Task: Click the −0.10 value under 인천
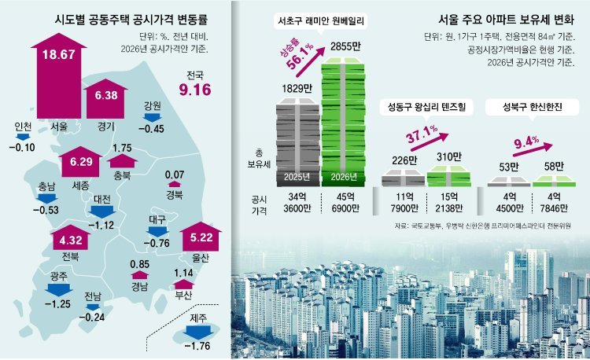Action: (21, 147)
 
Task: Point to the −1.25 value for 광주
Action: (57, 303)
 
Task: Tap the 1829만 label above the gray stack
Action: (292, 88)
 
